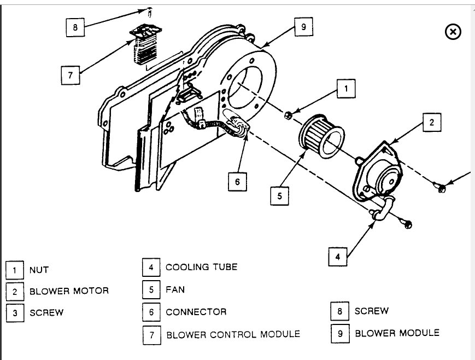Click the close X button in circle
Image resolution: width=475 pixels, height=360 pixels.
[x=453, y=32]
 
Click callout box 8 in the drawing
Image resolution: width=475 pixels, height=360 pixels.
[x=75, y=27]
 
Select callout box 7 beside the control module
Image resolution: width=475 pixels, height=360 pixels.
[x=71, y=75]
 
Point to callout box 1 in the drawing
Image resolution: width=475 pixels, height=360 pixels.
[x=346, y=88]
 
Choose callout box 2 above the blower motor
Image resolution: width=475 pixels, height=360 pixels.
[x=431, y=123]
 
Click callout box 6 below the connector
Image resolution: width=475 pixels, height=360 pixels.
[x=237, y=181]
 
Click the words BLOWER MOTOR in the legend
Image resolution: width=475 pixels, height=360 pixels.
[x=69, y=291]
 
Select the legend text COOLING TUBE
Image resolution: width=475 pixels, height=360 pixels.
[x=202, y=267]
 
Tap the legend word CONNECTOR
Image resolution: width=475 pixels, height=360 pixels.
[x=196, y=312]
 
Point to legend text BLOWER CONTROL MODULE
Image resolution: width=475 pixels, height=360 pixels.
[x=233, y=334]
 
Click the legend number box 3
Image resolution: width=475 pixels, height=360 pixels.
[x=15, y=312]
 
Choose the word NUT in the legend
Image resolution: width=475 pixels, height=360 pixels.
[x=39, y=270]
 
